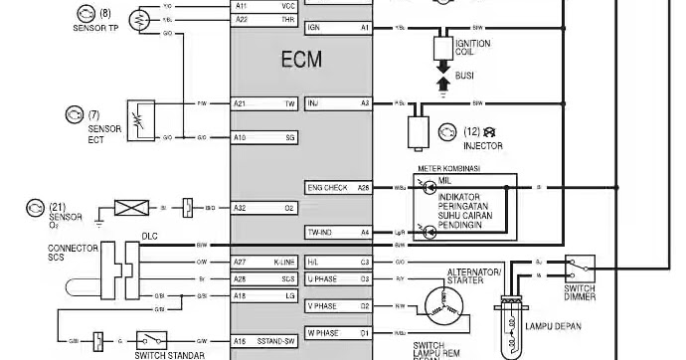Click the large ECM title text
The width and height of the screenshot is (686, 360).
pos(300,60)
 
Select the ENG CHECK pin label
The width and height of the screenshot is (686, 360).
pos(327,187)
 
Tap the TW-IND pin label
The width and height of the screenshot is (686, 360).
pos(320,233)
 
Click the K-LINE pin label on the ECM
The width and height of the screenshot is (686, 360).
pos(286,262)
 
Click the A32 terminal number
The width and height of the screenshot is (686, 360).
pos(240,208)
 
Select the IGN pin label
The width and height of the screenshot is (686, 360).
pos(314,28)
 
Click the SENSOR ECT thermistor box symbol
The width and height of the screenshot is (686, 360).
pos(142,116)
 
